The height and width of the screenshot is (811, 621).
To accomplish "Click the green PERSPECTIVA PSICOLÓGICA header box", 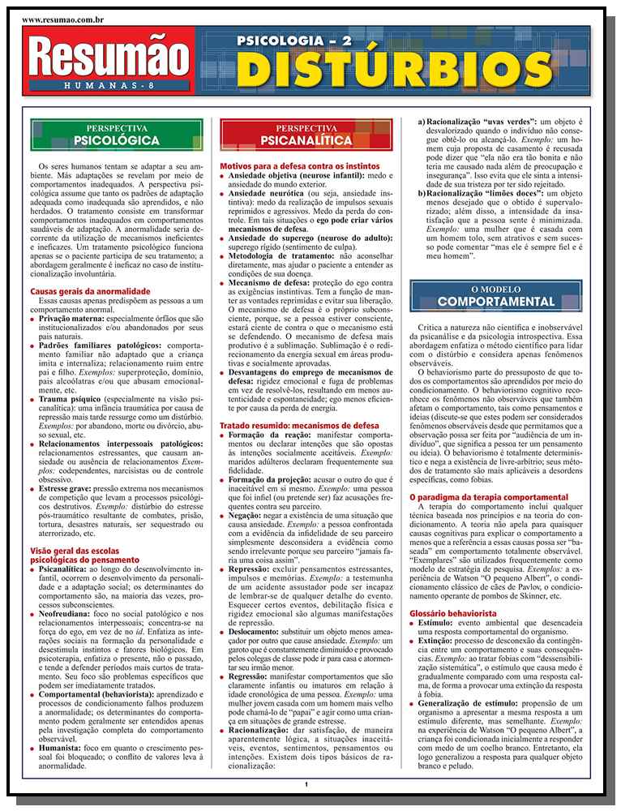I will point(116,135).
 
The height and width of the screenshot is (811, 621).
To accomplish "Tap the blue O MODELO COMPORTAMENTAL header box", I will point(496,296).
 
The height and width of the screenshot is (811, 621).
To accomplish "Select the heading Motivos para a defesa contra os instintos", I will point(300,166).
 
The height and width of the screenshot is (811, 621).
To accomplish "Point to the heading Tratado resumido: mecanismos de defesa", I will point(298,425).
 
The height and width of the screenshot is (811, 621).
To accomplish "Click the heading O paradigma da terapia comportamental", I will point(488,496).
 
